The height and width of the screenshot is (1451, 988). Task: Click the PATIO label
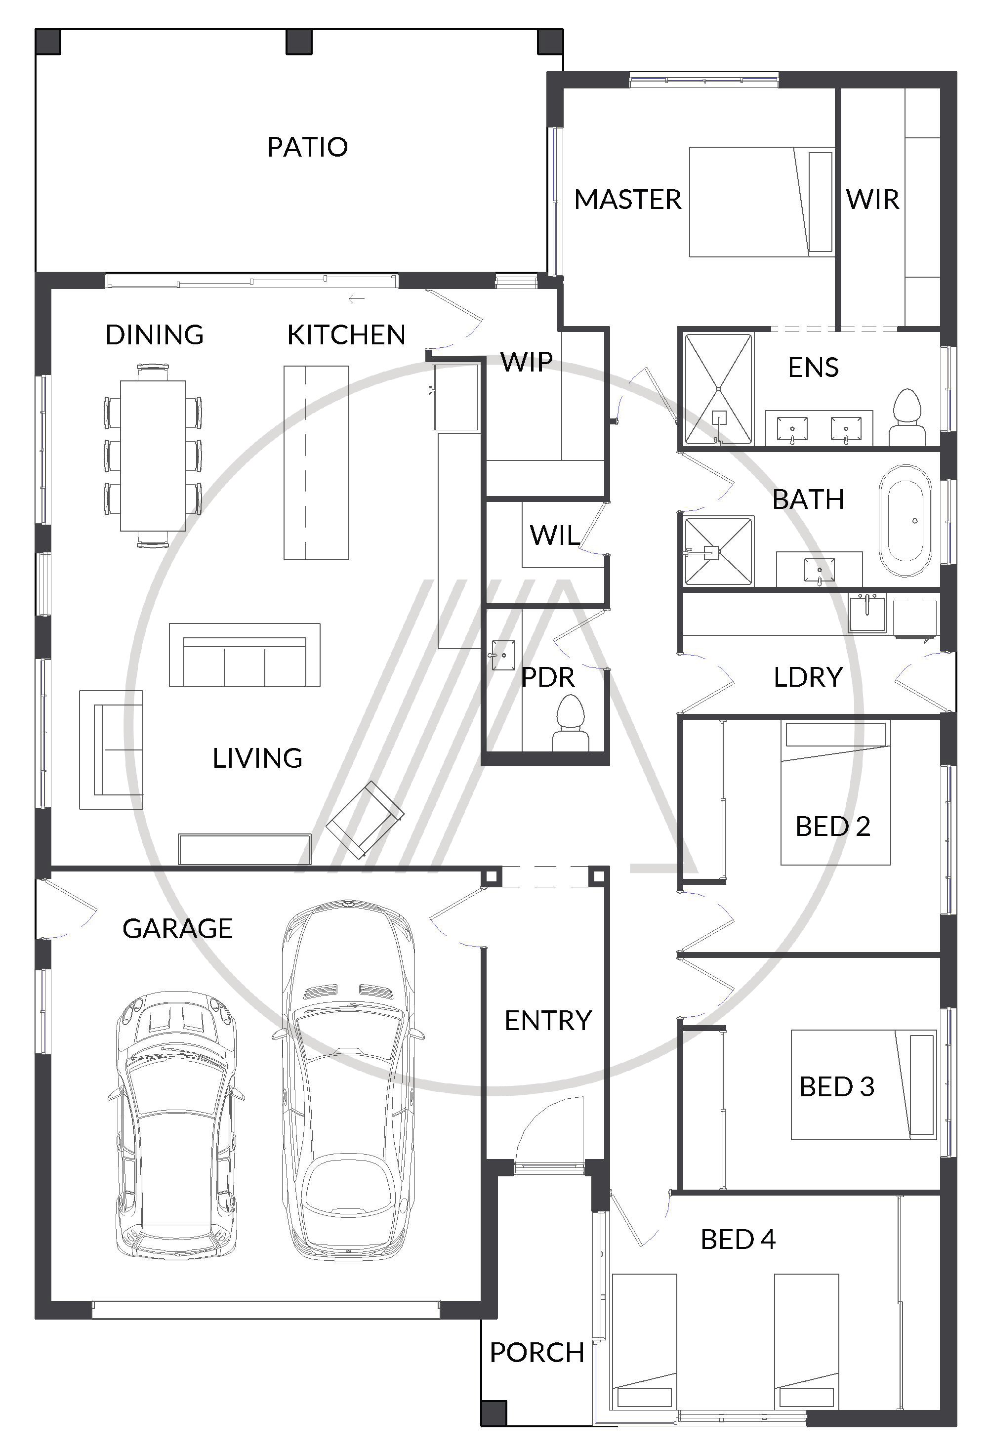[x=307, y=147]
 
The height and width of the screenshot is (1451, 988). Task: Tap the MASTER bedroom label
[x=627, y=200]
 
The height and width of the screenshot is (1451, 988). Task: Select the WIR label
[x=872, y=200]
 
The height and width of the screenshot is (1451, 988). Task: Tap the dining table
[x=153, y=456]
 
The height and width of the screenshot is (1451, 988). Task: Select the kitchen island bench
[x=317, y=462]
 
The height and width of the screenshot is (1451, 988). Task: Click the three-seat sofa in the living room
[x=245, y=655]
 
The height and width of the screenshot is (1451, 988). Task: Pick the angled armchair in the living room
[x=365, y=820]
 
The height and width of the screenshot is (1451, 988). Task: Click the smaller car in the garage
[x=176, y=1124]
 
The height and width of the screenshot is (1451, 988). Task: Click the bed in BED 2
[x=835, y=793]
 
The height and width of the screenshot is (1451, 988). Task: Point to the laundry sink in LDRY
[x=867, y=613]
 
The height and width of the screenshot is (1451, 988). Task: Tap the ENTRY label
[x=547, y=1021]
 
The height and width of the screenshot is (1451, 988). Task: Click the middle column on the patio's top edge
[x=299, y=42]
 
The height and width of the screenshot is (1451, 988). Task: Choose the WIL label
[x=554, y=536]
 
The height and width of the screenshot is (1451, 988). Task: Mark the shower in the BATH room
[x=719, y=551]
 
